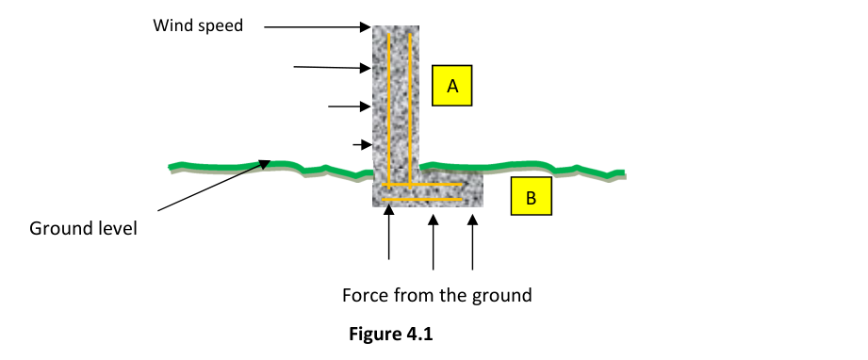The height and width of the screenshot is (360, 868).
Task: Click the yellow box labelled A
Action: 451,86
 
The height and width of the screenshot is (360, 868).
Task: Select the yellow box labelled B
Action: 531,196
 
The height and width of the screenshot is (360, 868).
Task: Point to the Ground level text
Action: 83,228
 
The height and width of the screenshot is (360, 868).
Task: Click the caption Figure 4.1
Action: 391,334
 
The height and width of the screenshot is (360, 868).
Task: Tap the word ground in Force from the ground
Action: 502,296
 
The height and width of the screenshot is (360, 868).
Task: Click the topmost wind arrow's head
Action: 366,26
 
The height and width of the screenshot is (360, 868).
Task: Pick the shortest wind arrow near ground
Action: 362,145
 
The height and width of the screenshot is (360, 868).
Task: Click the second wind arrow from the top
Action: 332,68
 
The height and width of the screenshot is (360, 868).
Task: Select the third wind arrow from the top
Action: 350,106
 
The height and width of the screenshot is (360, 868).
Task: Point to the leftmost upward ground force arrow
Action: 388,232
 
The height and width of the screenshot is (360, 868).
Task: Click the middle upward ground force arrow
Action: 434,242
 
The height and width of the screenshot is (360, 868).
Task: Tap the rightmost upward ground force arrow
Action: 472,242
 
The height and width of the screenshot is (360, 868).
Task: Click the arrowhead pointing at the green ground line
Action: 265,164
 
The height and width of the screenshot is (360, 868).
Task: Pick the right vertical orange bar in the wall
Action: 410,109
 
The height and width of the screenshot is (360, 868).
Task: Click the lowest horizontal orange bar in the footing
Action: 422,199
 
